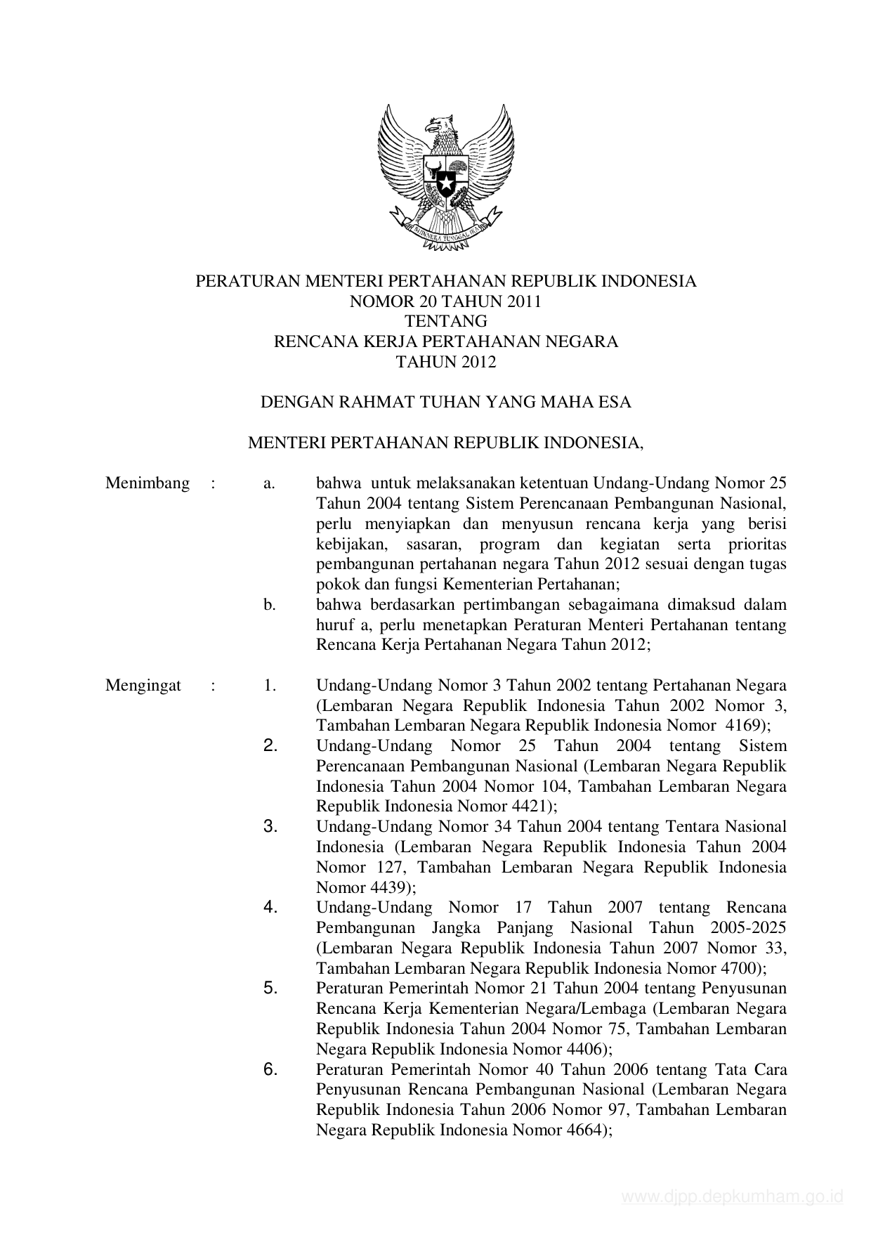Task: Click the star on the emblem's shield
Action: tap(445, 185)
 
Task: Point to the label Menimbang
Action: tap(148, 483)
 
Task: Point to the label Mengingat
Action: tap(143, 686)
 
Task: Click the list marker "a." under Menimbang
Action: tap(269, 484)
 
